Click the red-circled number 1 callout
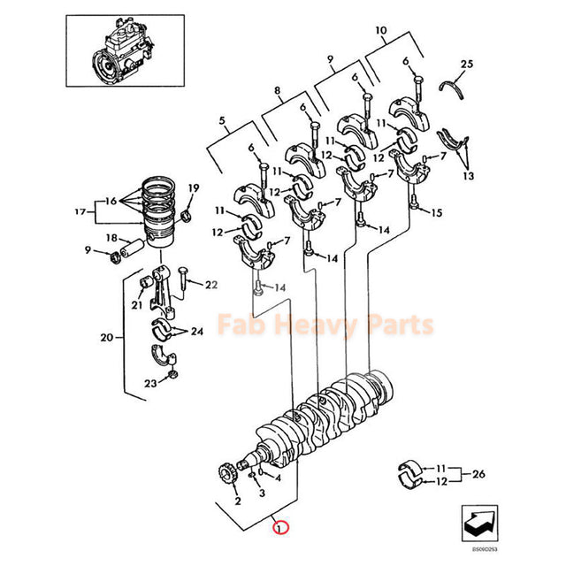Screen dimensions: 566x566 coord(279,530)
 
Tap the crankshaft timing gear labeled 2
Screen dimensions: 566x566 coord(226,478)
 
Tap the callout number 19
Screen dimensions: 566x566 coord(193,187)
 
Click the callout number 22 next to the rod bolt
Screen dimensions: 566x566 coord(211,284)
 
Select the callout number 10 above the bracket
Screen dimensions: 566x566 coord(381,31)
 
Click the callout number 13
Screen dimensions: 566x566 coord(468,176)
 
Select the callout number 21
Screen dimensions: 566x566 coord(137,305)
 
